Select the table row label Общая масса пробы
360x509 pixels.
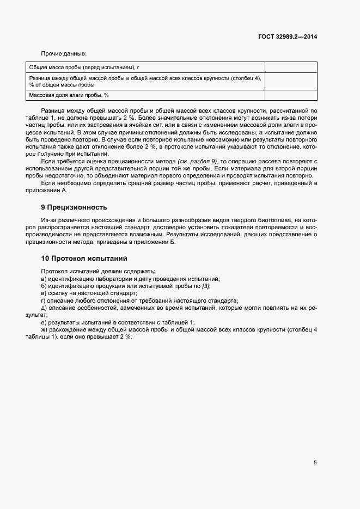[84, 68]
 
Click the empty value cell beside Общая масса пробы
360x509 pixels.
[291, 68]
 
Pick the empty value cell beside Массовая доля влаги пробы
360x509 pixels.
[291, 95]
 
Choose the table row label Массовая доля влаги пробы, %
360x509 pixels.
[69, 95]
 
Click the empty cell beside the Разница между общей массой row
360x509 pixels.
[291, 81]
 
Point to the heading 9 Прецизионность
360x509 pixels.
[75, 207]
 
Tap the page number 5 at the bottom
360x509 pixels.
[315, 463]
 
